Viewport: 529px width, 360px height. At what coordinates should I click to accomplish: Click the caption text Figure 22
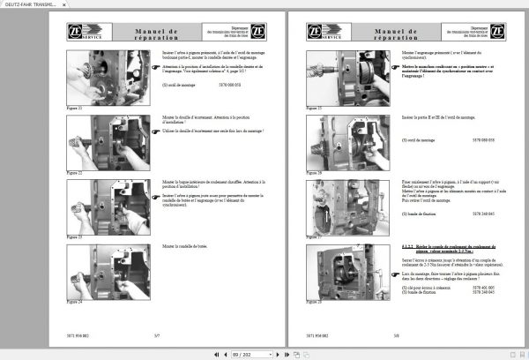tap(75, 173)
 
